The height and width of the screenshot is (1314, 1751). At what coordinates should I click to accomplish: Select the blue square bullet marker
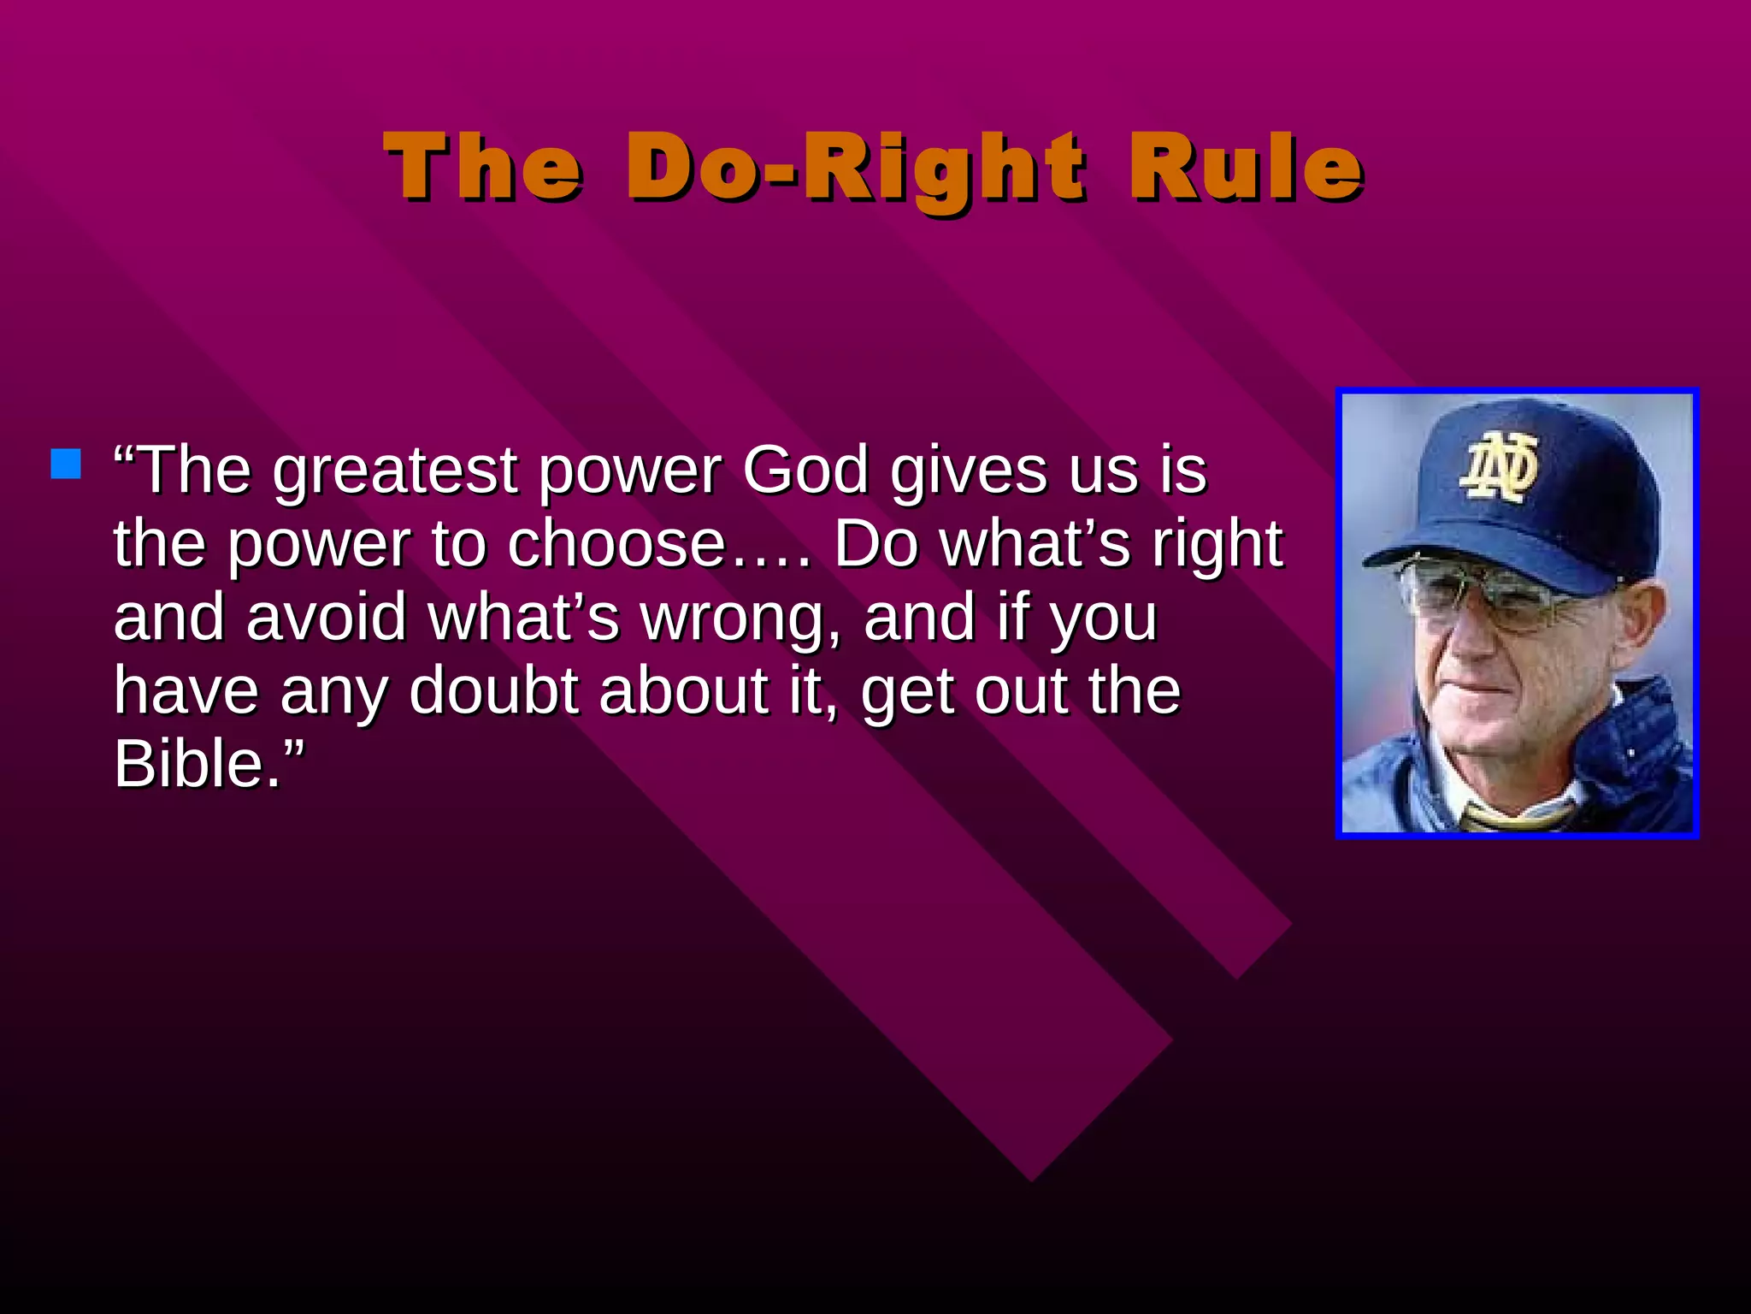coord(66,464)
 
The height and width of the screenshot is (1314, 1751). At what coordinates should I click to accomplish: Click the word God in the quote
coord(805,471)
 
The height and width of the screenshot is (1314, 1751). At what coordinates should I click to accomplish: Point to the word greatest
coord(395,472)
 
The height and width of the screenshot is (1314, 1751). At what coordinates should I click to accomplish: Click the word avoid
coord(326,618)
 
